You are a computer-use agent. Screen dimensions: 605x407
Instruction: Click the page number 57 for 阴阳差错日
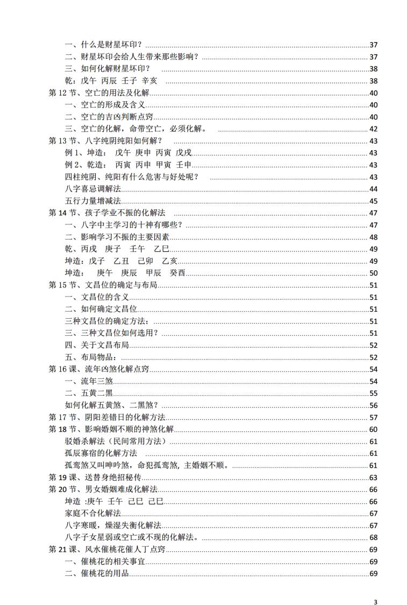[x=374, y=417]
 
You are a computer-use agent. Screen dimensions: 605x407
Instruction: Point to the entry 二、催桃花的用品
[x=97, y=574]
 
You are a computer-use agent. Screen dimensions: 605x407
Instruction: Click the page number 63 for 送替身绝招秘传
[x=374, y=477]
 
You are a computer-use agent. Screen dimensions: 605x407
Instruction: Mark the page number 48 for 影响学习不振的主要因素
[x=374, y=237]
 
